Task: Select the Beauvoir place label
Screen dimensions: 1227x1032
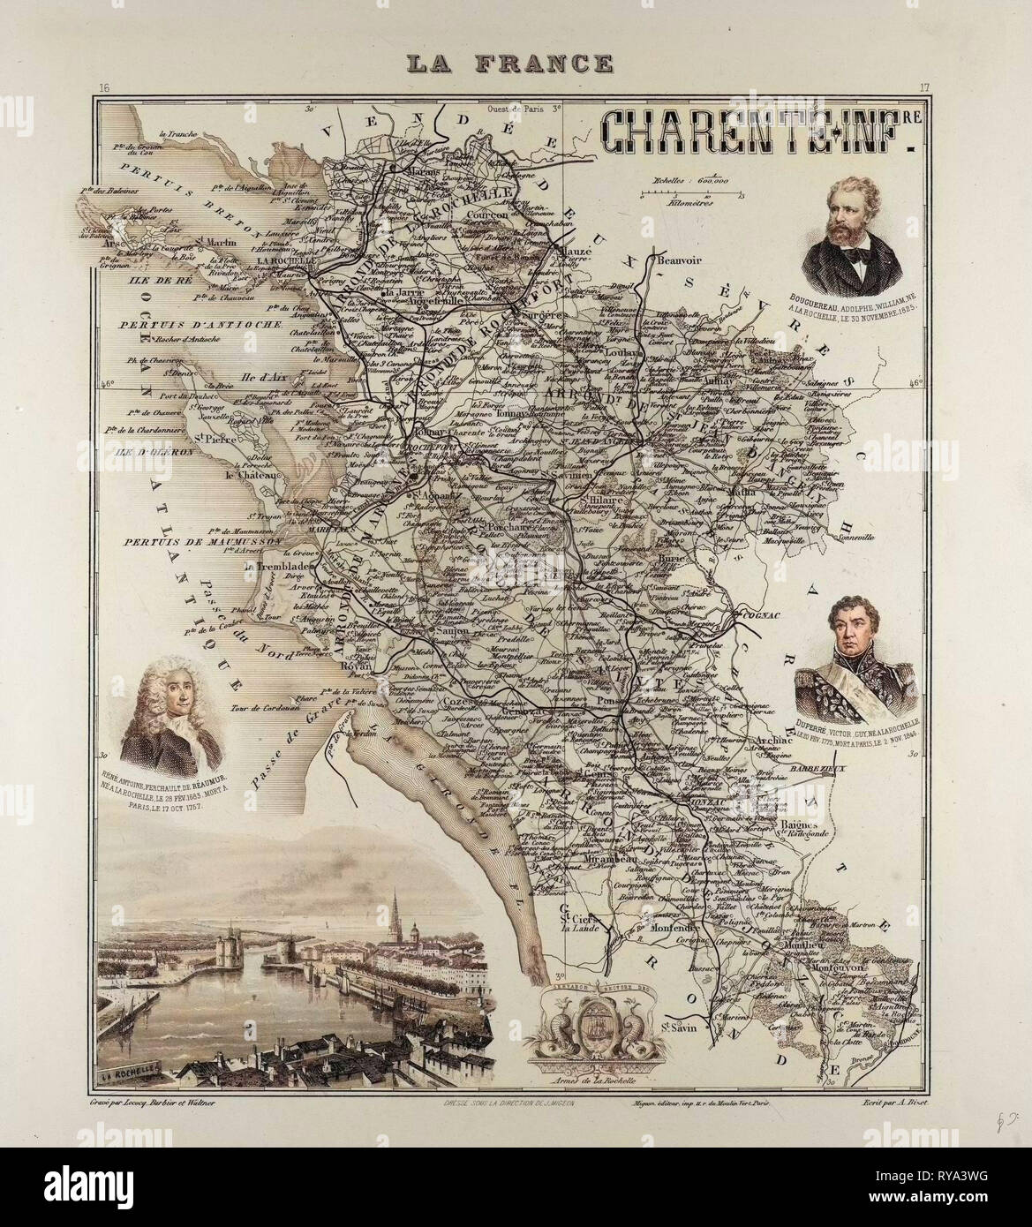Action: (677, 259)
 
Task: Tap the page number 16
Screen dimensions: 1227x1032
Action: (103, 87)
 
